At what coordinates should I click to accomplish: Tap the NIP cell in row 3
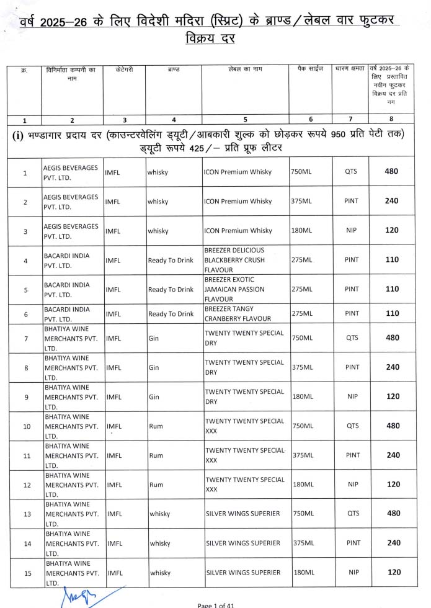tap(352, 231)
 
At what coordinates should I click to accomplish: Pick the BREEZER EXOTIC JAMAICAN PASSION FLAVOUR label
tap(234, 289)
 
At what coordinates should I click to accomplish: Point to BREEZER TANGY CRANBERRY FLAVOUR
tap(238, 314)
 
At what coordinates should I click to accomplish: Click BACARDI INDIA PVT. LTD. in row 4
tap(71, 260)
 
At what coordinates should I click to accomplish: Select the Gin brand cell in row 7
tap(154, 338)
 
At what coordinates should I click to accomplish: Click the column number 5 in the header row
tap(245, 120)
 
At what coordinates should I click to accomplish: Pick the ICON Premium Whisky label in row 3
tap(238, 231)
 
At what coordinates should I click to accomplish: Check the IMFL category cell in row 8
tap(113, 367)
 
